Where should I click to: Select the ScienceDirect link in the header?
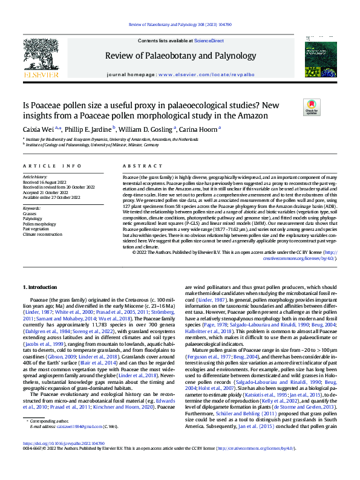(x=209, y=41)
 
